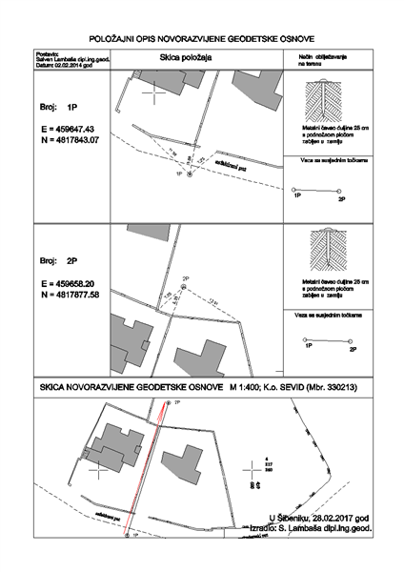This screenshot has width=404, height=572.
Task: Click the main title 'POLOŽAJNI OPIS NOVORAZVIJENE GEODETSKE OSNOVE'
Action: (x=201, y=35)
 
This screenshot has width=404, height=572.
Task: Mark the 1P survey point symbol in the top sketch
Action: (x=190, y=174)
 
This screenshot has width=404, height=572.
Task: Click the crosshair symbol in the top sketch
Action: (x=152, y=94)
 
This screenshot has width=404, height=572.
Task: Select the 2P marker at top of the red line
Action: (x=169, y=404)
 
